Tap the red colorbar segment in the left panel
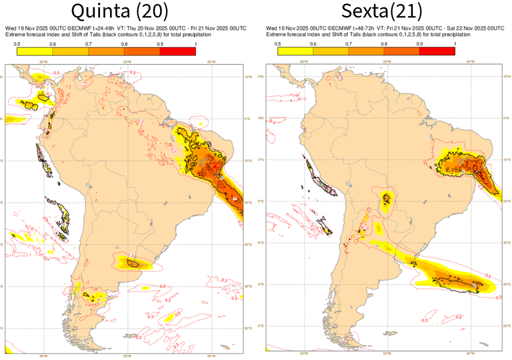pos(178,51)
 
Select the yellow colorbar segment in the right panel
pos(295,51)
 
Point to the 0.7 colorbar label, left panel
pos(88,44)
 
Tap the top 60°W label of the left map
pos(127,61)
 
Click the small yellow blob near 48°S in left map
pos(170,316)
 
